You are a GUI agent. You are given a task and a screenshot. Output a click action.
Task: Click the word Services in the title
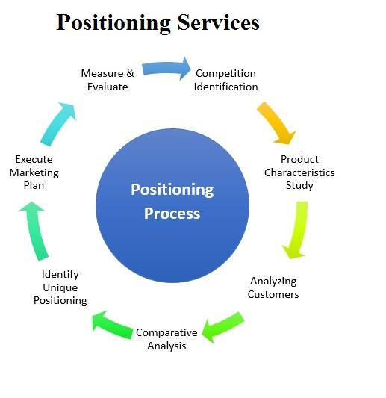218,22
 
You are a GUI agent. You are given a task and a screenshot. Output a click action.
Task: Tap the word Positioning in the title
113,23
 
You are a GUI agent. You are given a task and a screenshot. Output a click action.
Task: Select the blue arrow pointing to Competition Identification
166,68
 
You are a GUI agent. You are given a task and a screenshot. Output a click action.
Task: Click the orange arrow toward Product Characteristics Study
276,122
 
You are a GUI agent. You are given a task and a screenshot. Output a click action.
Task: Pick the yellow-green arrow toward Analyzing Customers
296,230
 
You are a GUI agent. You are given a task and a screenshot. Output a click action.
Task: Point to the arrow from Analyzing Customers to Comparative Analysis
222,327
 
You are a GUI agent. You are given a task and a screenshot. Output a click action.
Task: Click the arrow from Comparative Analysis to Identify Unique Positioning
113,325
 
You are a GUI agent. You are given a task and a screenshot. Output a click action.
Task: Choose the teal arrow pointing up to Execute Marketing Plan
35,231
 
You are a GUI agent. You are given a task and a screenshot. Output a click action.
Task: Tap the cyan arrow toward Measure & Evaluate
59,124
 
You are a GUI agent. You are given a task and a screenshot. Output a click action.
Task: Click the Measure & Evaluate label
108,80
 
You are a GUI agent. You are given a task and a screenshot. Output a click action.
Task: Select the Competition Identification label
225,80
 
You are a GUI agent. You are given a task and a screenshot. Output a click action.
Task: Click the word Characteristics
299,172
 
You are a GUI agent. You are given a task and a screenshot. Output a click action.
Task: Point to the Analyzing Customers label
273,287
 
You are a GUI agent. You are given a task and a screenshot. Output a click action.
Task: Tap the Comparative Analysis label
166,339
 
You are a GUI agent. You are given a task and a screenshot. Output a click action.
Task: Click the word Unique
60,287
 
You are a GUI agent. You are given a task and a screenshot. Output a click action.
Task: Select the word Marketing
34,172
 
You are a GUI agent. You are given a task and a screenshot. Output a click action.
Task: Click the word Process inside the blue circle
172,214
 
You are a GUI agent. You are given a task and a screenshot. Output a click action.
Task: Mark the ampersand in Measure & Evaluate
130,73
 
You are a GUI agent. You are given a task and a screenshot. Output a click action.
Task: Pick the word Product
299,159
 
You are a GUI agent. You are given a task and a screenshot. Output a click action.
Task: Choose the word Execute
34,159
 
